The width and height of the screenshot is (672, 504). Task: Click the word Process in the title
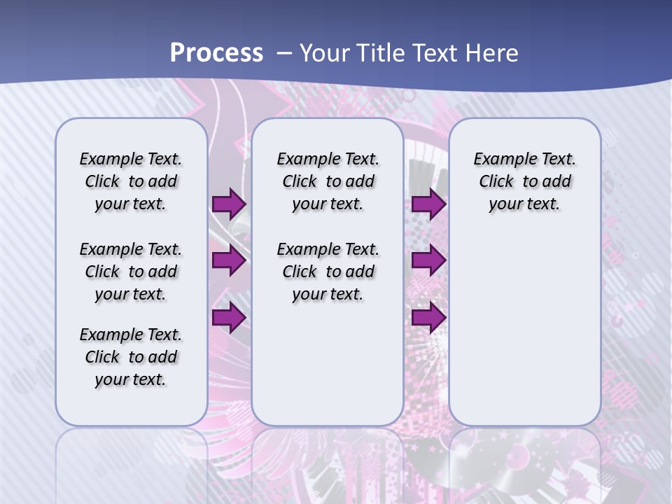tap(216, 53)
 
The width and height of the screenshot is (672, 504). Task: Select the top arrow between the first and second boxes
tap(229, 204)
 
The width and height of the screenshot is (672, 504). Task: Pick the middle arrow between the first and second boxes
tap(229, 261)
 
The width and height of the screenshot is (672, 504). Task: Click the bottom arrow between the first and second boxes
tap(229, 318)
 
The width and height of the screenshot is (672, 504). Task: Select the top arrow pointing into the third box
tap(428, 204)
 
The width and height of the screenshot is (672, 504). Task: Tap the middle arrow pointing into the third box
tap(428, 261)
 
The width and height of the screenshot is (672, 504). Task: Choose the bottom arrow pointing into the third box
tap(428, 318)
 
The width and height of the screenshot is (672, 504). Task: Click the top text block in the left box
tap(131, 181)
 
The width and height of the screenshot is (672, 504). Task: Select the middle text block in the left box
tap(131, 272)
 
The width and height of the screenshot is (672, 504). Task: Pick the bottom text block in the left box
tap(131, 357)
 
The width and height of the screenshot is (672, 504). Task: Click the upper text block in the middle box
tap(328, 181)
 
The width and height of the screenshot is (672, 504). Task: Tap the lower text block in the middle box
tap(328, 272)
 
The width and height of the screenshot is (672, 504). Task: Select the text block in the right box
tap(524, 181)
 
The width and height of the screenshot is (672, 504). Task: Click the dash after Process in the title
tap(284, 53)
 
